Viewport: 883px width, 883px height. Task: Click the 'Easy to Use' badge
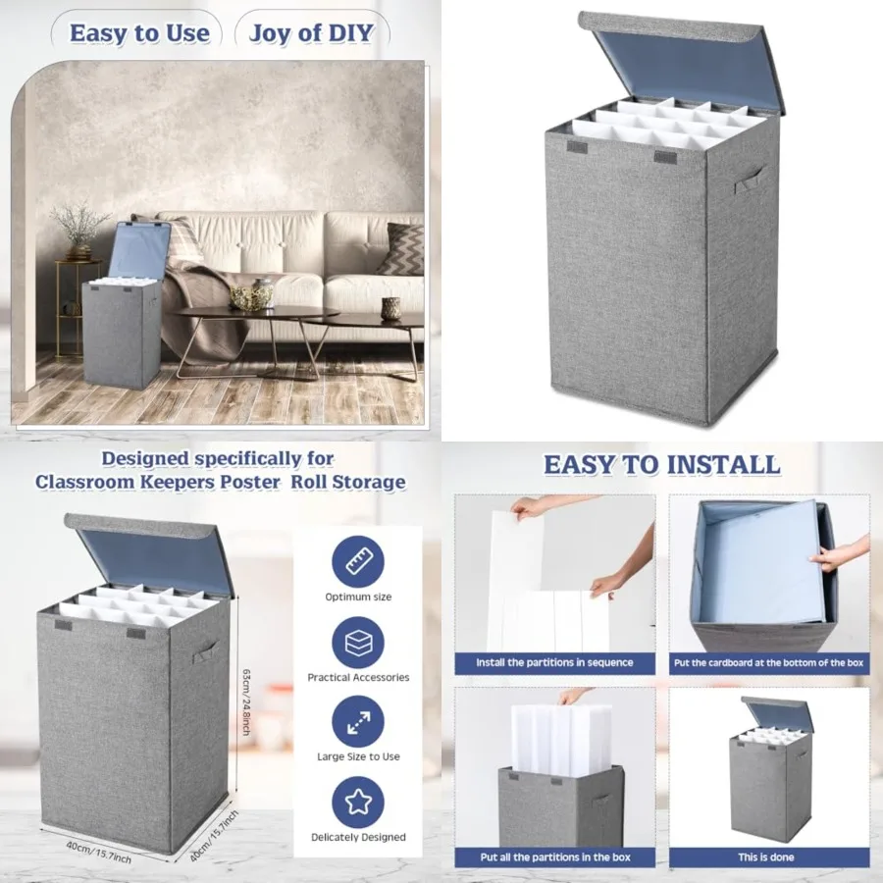[x=139, y=32]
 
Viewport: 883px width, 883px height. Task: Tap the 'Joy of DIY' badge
[x=311, y=32]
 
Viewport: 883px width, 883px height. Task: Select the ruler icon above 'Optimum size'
[x=358, y=561]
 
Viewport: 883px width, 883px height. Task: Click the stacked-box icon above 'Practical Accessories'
[x=358, y=643]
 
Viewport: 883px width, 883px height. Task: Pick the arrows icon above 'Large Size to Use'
[x=358, y=722]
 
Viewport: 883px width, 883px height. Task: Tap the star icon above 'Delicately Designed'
[x=358, y=803]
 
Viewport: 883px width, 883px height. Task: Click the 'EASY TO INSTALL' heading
[x=661, y=465]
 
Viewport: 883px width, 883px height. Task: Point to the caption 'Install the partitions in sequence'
[x=554, y=663]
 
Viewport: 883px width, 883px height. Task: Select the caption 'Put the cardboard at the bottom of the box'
[x=768, y=663]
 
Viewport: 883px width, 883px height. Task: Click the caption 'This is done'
[x=766, y=857]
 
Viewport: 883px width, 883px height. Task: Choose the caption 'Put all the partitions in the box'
[x=555, y=857]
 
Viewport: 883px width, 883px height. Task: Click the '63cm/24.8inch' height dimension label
[x=246, y=701]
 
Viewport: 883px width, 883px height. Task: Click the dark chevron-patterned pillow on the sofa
[x=402, y=248]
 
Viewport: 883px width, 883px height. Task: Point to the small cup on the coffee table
[x=390, y=309]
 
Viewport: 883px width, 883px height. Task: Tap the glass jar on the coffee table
[x=262, y=292]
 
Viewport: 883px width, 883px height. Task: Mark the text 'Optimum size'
[x=358, y=597]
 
